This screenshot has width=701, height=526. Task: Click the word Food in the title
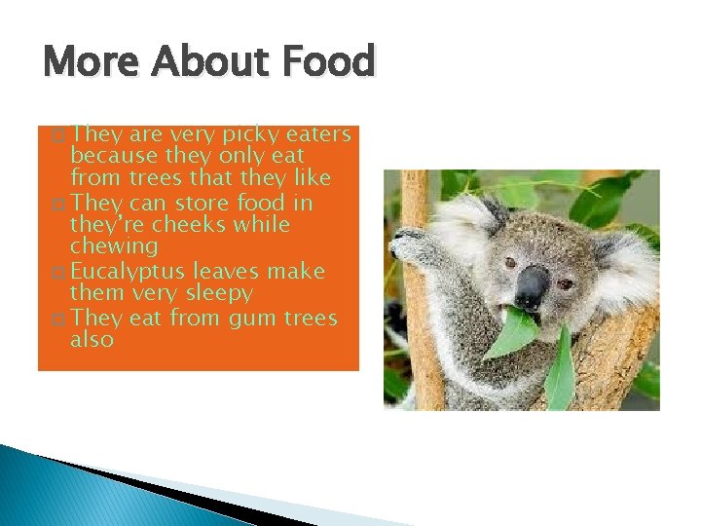click(x=327, y=63)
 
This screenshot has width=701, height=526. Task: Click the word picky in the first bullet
click(x=227, y=134)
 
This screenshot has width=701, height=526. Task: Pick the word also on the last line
click(x=92, y=340)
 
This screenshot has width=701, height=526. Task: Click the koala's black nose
click(x=533, y=285)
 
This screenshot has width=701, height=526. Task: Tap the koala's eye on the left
click(x=510, y=262)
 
